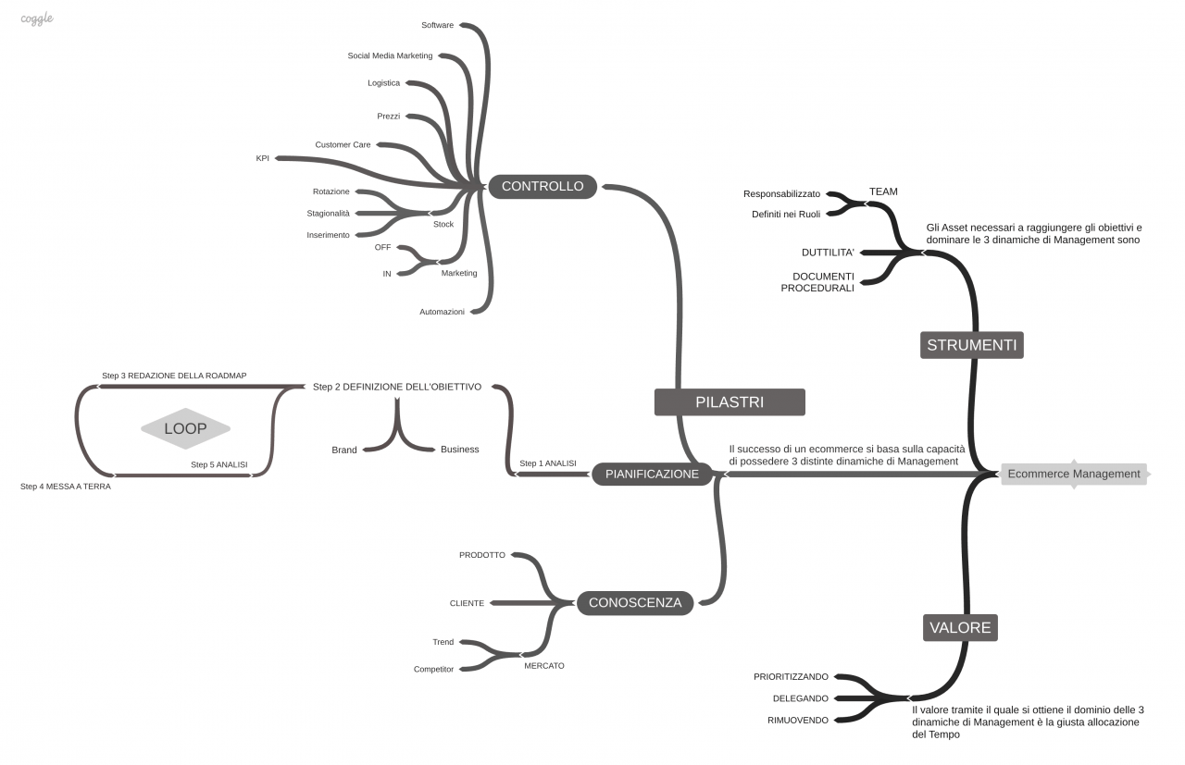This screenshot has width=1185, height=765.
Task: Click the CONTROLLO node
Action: (543, 187)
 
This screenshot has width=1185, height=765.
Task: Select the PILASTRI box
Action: (730, 402)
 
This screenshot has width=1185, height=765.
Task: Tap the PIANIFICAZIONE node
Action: (652, 474)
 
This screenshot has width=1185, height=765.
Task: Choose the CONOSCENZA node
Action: (634, 603)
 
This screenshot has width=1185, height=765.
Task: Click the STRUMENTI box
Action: (972, 346)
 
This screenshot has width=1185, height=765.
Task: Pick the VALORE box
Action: (960, 628)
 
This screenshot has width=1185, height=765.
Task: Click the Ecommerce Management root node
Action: (1073, 474)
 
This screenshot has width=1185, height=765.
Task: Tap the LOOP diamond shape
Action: (185, 429)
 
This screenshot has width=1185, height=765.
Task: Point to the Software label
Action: (437, 25)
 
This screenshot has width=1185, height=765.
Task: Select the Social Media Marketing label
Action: (390, 56)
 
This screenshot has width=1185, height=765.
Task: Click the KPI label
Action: (263, 158)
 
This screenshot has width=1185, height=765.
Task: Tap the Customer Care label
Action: (343, 145)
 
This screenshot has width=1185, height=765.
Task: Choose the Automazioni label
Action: (442, 312)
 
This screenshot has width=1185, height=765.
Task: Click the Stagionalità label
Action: (328, 214)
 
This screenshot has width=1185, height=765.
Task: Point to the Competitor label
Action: (433, 669)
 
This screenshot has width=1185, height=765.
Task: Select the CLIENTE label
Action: (467, 603)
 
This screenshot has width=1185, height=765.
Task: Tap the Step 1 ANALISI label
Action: (548, 463)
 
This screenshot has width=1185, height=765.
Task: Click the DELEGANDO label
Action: (801, 698)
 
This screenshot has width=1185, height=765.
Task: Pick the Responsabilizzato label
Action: (781, 194)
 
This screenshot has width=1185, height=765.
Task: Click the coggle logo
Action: (37, 18)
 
